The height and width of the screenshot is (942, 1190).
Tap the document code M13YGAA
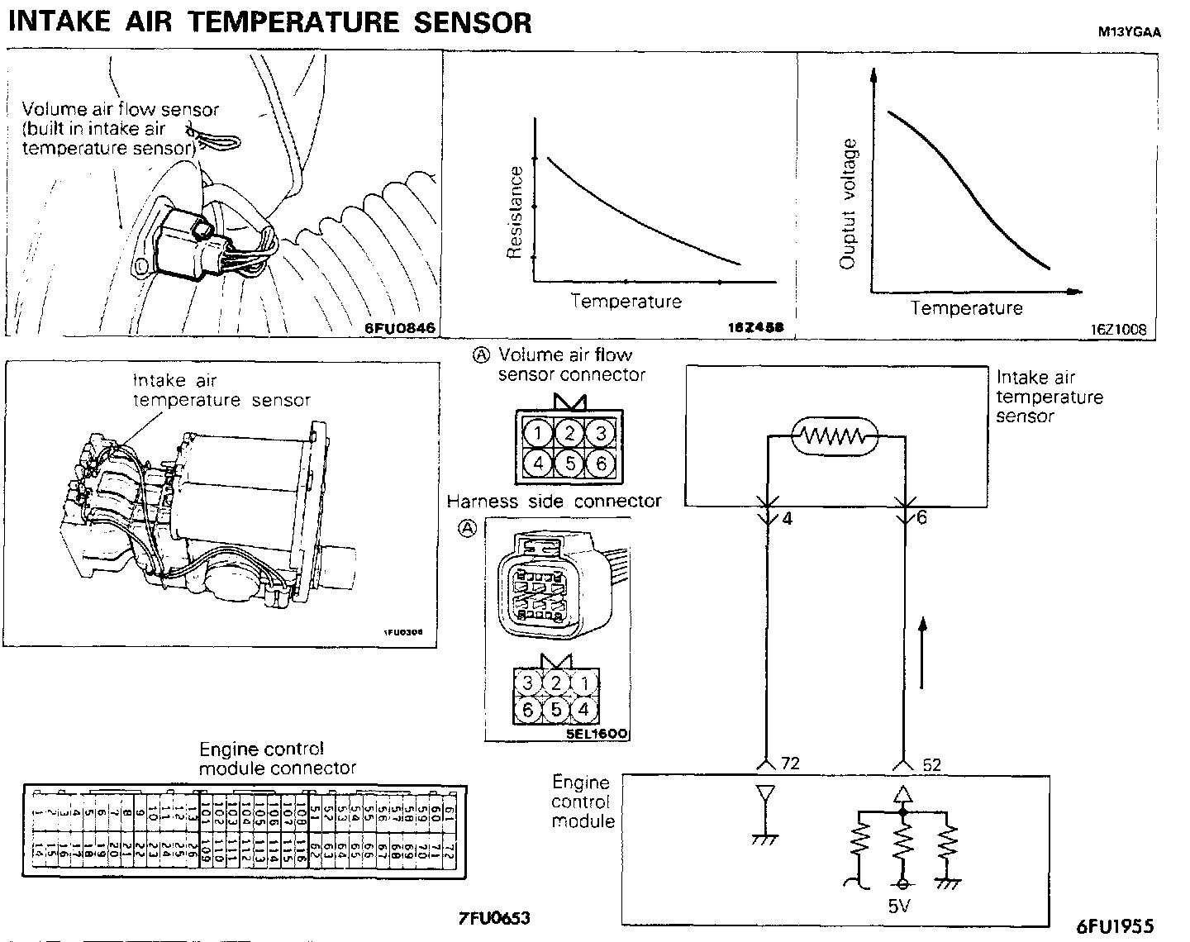pos(1129,33)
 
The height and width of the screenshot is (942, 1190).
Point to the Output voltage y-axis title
pos(849,204)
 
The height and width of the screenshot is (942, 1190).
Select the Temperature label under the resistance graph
pos(626,302)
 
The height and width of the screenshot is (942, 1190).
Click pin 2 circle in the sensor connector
pos(569,433)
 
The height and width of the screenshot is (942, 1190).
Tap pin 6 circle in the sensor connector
pos(601,463)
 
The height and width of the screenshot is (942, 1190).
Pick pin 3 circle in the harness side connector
pos(526,683)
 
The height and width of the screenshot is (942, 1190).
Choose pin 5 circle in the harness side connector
pos(556,709)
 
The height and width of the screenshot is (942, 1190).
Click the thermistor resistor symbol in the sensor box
pos(835,435)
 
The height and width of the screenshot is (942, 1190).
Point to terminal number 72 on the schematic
pos(790,764)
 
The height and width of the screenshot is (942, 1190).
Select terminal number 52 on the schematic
pos(931,765)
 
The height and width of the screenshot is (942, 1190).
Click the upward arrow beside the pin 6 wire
pos(922,652)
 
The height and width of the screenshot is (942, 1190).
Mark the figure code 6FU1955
pos(1115,925)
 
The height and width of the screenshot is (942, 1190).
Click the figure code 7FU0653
pos(494,917)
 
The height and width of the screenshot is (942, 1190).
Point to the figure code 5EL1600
pos(597,733)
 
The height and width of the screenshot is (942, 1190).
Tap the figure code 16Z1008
pos(1118,329)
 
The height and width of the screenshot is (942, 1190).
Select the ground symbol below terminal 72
pos(766,838)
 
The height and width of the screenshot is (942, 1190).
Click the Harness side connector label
pos(554,502)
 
